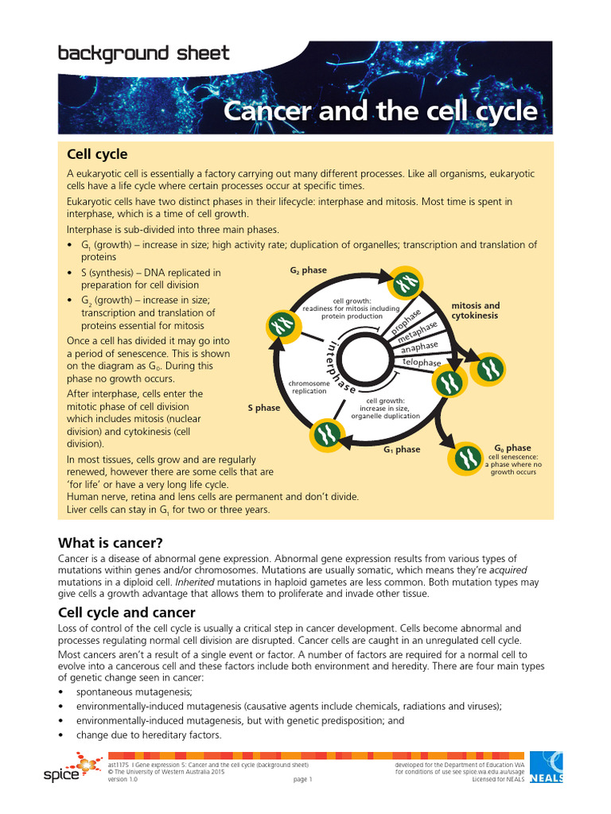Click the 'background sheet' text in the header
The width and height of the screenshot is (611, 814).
(143, 54)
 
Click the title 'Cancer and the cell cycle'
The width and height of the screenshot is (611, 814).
(380, 110)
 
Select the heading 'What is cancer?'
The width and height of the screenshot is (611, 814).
(110, 543)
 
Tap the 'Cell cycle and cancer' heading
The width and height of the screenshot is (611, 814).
(126, 613)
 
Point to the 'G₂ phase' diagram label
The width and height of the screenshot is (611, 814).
(308, 270)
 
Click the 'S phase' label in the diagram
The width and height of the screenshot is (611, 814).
(263, 408)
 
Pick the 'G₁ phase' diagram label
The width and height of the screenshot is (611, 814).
(402, 450)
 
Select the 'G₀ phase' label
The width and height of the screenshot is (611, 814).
(512, 448)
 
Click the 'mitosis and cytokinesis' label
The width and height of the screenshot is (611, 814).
(476, 310)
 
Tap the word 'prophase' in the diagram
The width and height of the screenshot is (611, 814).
(406, 320)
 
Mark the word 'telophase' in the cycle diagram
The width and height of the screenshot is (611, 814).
(422, 362)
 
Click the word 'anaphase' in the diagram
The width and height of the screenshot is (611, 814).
(418, 347)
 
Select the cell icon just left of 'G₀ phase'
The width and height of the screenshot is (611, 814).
(468, 459)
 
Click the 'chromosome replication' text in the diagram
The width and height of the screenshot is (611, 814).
(309, 387)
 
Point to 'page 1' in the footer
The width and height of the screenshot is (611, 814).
(302, 780)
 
